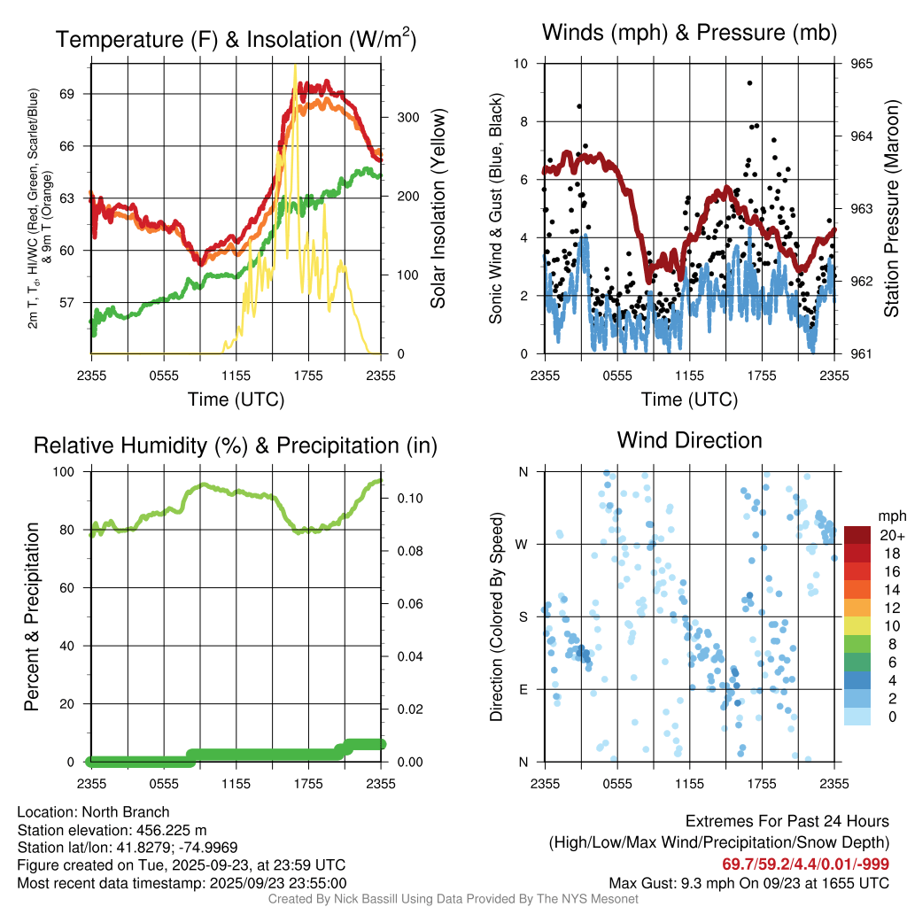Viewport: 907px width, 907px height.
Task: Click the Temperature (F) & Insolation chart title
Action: [236, 39]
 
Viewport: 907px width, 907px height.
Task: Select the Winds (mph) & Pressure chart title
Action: [689, 34]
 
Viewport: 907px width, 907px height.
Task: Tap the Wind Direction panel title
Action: [689, 440]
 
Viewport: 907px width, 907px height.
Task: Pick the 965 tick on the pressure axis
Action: [861, 64]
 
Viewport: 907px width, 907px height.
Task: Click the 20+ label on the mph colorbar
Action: [890, 535]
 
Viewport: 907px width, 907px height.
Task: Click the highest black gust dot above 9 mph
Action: [749, 82]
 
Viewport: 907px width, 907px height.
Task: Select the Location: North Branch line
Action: [93, 812]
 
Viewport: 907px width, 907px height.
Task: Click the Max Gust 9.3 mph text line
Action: [749, 883]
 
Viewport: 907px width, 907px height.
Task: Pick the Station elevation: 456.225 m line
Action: [112, 830]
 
